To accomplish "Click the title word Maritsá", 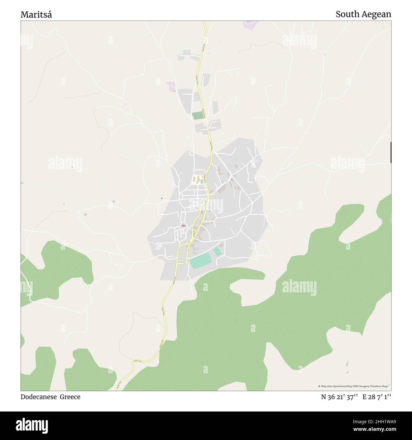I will (36, 15).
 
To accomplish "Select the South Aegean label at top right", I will (363, 14).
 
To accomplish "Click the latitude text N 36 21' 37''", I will (339, 397).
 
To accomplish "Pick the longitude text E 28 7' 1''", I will (377, 397).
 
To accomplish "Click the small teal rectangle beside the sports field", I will (217, 252).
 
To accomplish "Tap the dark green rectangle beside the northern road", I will (198, 116).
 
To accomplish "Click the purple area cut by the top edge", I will (250, 24).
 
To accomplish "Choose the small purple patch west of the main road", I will (172, 86).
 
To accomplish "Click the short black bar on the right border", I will (391, 153).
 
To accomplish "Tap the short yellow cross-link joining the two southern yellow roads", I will (182, 263).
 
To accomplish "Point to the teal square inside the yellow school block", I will (202, 181).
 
